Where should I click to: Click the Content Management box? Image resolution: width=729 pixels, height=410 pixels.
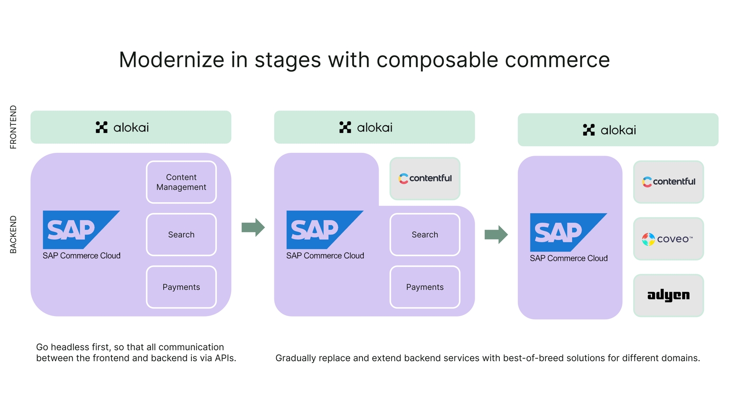pyautogui.click(x=181, y=182)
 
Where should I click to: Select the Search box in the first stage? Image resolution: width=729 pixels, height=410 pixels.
pyautogui.click(x=181, y=234)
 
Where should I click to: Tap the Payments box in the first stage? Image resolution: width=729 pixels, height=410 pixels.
pyautogui.click(x=181, y=287)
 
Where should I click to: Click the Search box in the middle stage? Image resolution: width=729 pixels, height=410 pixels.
pyautogui.click(x=425, y=234)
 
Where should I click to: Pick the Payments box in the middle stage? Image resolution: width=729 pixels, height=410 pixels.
pyautogui.click(x=425, y=287)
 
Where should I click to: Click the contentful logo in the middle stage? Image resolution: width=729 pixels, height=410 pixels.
pyautogui.click(x=425, y=178)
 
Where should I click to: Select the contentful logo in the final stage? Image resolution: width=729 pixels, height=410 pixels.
pyautogui.click(x=668, y=182)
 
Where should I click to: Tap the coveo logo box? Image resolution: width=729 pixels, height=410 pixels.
pyautogui.click(x=668, y=239)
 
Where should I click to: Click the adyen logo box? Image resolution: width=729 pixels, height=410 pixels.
pyautogui.click(x=668, y=295)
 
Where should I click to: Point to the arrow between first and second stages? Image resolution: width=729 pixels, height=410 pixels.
pyautogui.click(x=253, y=227)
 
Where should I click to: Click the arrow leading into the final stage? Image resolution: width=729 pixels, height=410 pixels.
pyautogui.click(x=496, y=234)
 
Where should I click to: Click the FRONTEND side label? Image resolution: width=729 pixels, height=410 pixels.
pyautogui.click(x=13, y=127)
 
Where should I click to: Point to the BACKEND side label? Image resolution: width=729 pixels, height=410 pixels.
pyautogui.click(x=13, y=234)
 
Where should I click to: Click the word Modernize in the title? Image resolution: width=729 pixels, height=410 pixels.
pyautogui.click(x=171, y=60)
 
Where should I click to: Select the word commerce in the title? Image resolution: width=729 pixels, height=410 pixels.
pyautogui.click(x=557, y=60)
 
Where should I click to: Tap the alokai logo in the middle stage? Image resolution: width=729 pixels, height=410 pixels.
pyautogui.click(x=366, y=127)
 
